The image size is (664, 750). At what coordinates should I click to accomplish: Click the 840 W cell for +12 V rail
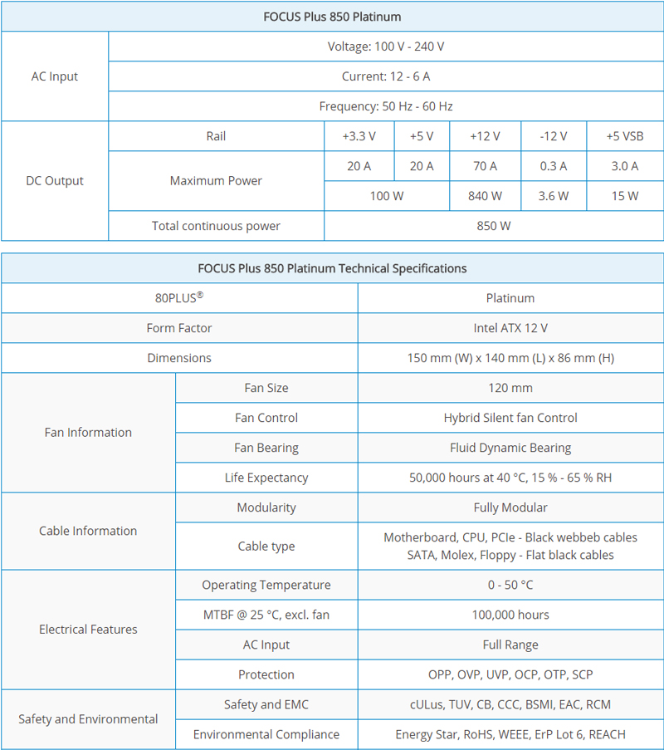pyautogui.click(x=485, y=196)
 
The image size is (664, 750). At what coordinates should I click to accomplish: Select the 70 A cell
pyautogui.click(x=485, y=166)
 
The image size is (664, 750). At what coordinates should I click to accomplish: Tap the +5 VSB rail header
pyautogui.click(x=624, y=136)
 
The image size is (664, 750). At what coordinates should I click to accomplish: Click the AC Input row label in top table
pyautogui.click(x=55, y=76)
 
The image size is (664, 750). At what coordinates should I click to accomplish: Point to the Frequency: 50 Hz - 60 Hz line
pyautogui.click(x=386, y=106)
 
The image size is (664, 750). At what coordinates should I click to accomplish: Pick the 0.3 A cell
pyautogui.click(x=554, y=166)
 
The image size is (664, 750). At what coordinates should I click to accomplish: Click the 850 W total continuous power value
pyautogui.click(x=494, y=226)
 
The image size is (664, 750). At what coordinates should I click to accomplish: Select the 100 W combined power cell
pyautogui.click(x=386, y=196)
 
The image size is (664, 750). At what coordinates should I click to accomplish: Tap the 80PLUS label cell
pyautogui.click(x=179, y=298)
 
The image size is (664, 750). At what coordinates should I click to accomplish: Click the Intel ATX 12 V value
pyautogui.click(x=510, y=328)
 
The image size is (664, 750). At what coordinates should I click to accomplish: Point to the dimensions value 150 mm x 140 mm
pyautogui.click(x=510, y=358)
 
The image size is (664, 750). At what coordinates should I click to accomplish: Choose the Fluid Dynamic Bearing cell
pyautogui.click(x=510, y=448)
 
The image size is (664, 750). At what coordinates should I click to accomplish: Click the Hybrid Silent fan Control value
pyautogui.click(x=510, y=418)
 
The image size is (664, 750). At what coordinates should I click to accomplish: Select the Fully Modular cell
pyautogui.click(x=510, y=507)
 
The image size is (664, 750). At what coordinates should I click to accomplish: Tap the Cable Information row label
pyautogui.click(x=88, y=531)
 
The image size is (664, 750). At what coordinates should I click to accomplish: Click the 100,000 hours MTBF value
pyautogui.click(x=510, y=615)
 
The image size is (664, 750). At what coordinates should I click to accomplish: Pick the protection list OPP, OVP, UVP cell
pyautogui.click(x=510, y=674)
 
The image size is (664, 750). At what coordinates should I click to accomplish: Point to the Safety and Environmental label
pyautogui.click(x=88, y=719)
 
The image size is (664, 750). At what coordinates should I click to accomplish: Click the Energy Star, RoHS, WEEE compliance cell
pyautogui.click(x=510, y=734)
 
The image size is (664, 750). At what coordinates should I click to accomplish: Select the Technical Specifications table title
pyautogui.click(x=332, y=268)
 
